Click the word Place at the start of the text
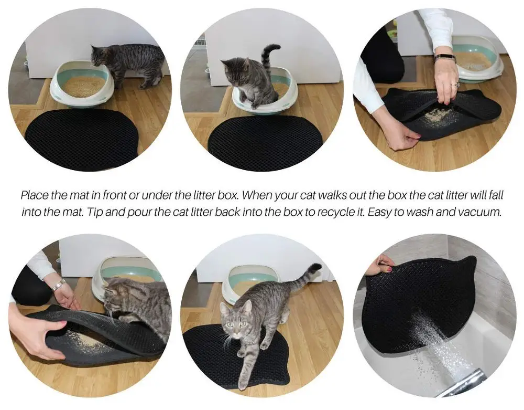pos(35,195)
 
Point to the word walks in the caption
pos(316,195)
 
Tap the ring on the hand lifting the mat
pos(456,85)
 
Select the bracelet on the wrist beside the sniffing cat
pos(58,285)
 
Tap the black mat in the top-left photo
pos(82,139)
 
